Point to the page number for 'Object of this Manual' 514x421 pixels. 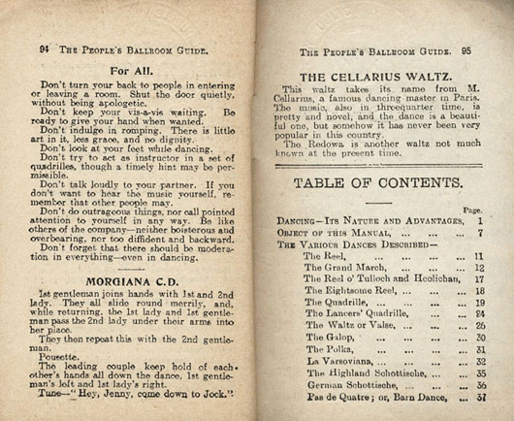pos(481,233)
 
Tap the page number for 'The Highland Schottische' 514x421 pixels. pos(481,372)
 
